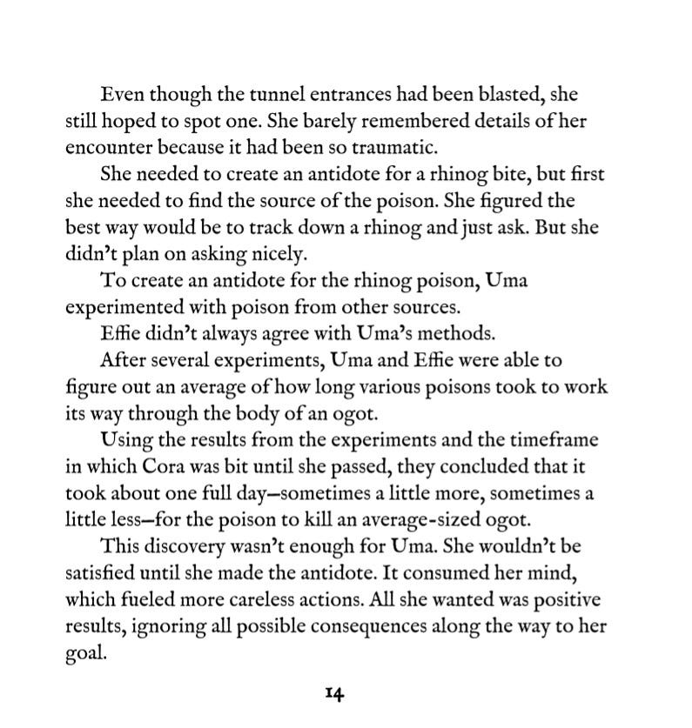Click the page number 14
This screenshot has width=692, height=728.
click(x=335, y=693)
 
